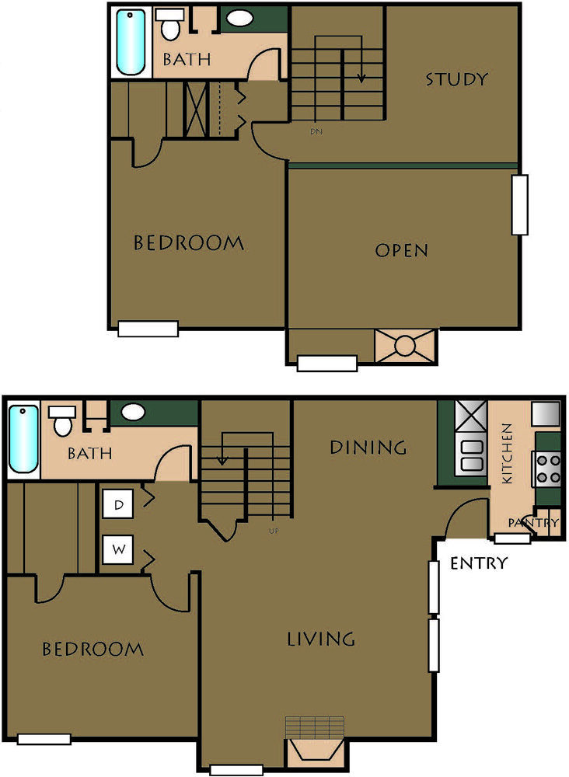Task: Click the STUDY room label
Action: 456,79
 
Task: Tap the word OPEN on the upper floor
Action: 401,250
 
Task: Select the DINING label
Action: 368,447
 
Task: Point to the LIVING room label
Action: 321,639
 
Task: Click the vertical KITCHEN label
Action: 508,454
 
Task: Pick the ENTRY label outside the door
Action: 479,563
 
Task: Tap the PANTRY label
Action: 533,523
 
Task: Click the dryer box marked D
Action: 118,504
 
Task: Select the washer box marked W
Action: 118,549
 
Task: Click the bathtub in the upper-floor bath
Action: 131,43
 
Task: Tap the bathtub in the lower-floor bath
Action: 23,439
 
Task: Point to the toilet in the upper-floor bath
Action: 170,24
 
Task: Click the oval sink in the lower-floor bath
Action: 134,411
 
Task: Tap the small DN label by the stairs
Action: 316,132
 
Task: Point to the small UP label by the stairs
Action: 274,531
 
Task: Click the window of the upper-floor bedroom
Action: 148,329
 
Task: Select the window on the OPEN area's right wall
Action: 519,204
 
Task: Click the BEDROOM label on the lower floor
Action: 93,649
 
